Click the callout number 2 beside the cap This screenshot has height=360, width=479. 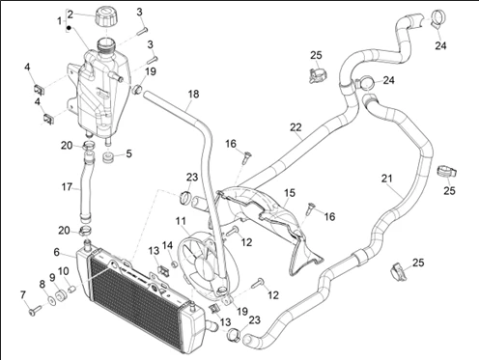[x=70, y=14]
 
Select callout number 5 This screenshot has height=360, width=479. [x=128, y=153]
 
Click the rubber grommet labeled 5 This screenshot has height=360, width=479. [x=109, y=158]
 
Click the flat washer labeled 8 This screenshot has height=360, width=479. [x=51, y=300]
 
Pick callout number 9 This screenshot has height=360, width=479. [x=52, y=278]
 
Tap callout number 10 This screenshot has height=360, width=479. [x=64, y=271]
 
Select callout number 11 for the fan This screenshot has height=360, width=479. [x=181, y=221]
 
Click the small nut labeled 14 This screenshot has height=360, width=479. [x=174, y=264]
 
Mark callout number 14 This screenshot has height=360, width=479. [x=167, y=245]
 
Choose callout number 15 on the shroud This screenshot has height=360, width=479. [x=290, y=193]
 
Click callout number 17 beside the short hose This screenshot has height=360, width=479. [x=67, y=187]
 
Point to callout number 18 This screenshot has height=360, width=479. [x=193, y=95]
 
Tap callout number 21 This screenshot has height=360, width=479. [x=387, y=178]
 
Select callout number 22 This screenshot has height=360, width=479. [x=296, y=127]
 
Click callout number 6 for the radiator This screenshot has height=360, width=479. [x=57, y=252]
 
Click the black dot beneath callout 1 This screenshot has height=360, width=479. [x=69, y=28]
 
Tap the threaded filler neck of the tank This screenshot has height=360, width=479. [x=106, y=45]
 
